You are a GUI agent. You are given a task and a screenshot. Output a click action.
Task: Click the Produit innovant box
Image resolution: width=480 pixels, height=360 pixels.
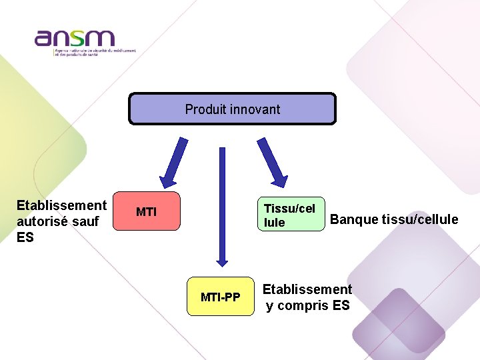pos(232,109)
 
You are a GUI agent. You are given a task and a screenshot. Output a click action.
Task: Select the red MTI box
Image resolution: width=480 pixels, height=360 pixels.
pos(147,212)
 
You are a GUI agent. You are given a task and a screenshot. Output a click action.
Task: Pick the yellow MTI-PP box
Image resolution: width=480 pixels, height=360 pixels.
pos(220,296)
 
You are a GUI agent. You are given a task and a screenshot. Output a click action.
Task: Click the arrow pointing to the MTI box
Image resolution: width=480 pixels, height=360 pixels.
pos(173,162)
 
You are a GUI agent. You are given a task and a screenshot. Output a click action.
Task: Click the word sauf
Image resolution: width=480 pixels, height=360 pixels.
pos(84,221)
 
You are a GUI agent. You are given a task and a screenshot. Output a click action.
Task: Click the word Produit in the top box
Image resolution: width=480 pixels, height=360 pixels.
pos(202,109)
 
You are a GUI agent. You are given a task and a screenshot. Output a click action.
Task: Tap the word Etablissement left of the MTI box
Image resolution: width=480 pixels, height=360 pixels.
pos(61,205)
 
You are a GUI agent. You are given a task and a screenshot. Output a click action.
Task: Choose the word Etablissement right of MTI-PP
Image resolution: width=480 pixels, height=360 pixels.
pos(307,289)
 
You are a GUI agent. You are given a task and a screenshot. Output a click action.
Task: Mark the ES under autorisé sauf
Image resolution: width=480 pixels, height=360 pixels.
pos(25,237)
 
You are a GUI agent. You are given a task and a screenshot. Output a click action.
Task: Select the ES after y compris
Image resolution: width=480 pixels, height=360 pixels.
pos(340,306)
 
